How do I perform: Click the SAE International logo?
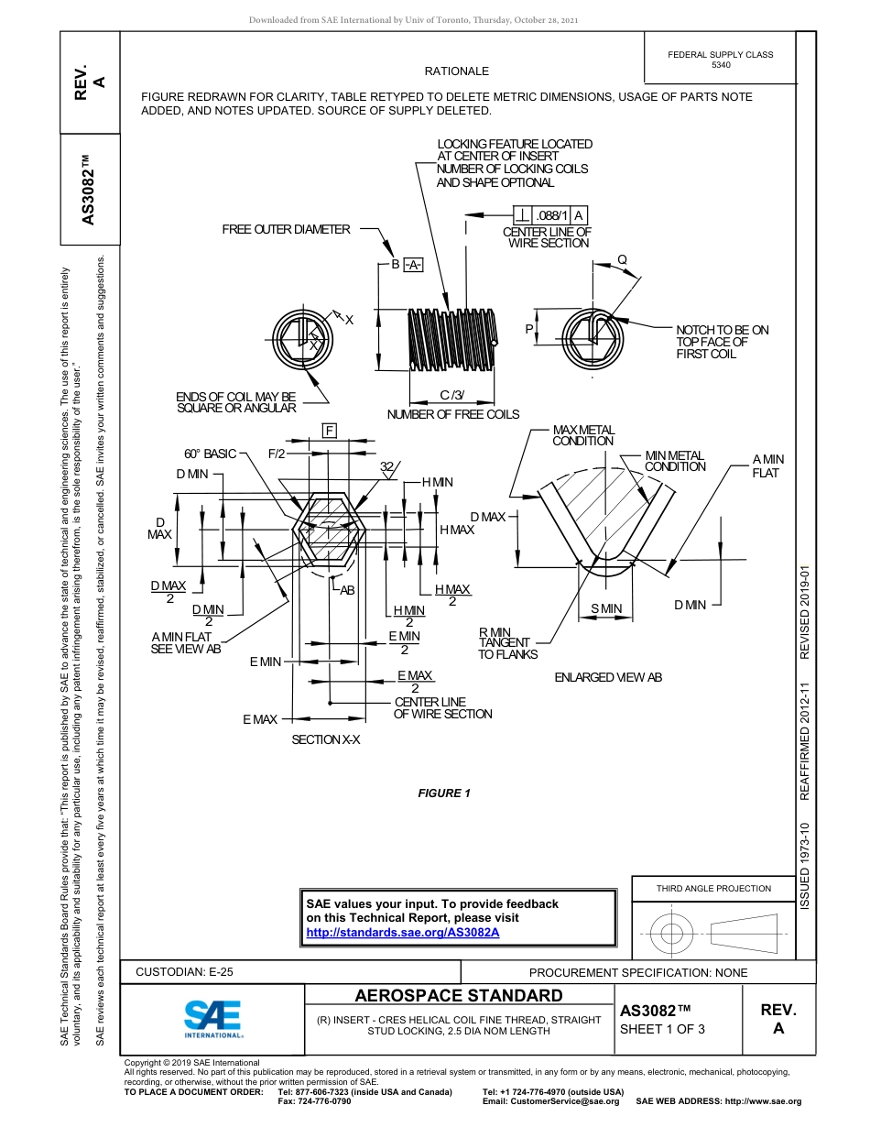[x=213, y=1018]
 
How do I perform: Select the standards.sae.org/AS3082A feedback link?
[x=402, y=932]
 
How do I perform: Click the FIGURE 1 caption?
[x=444, y=793]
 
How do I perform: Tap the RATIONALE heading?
[x=457, y=71]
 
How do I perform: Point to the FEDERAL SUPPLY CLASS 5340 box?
[x=720, y=60]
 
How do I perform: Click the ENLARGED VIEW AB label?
[x=608, y=677]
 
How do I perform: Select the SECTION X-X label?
[x=326, y=739]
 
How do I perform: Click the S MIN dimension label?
[x=606, y=608]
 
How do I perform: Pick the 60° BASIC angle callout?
[x=210, y=454]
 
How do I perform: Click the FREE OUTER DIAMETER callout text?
[x=286, y=229]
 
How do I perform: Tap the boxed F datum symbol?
[x=329, y=431]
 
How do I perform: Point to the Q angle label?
[x=622, y=259]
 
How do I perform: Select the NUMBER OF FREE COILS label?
[x=453, y=414]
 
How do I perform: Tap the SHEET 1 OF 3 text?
[x=662, y=1028]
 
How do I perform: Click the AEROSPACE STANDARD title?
[x=459, y=996]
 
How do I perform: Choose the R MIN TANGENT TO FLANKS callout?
[x=508, y=643]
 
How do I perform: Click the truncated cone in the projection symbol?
[x=744, y=934]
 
